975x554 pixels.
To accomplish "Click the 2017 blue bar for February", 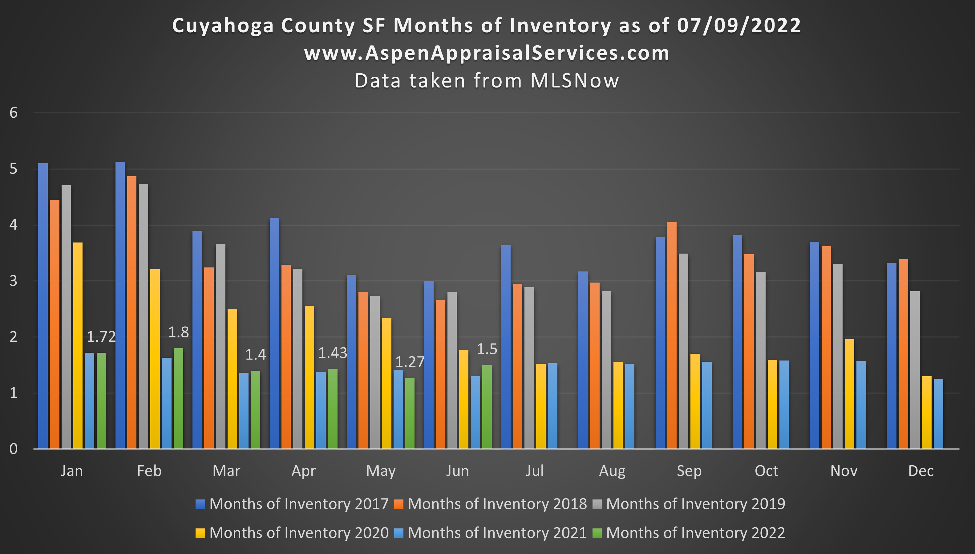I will coord(120,304).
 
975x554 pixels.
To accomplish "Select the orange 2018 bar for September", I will coord(672,335).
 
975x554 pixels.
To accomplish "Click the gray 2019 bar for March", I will coord(220,346).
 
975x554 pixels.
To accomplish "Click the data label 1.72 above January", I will coord(101,337).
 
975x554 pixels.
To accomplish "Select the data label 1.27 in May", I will coord(410,362).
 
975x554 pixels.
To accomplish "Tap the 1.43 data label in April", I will coord(332,353).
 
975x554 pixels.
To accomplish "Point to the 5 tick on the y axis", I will coord(14,169).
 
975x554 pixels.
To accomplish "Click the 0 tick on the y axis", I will coord(14,449).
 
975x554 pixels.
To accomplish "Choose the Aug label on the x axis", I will coord(612,471).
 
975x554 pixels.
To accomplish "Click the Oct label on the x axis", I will coord(766,471).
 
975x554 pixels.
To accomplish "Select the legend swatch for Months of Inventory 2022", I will coord(597,533).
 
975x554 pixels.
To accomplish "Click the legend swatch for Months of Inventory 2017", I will coord(200,504).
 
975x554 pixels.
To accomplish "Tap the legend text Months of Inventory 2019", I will coord(695,504).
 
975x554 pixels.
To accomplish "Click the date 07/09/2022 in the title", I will coord(739,26).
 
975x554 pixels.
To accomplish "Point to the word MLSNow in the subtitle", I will coord(575,81).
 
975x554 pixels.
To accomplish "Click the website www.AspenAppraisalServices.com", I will coord(487,53).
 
